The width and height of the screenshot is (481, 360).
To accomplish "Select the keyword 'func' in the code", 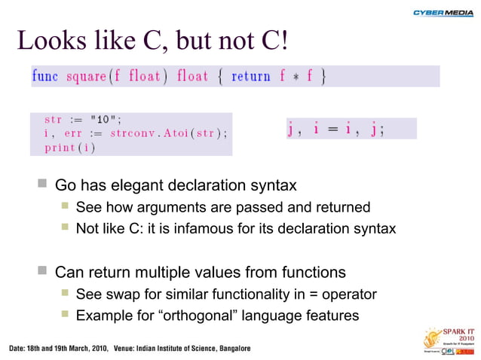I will click(45, 77).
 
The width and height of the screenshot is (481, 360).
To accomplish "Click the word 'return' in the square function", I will click(252, 77).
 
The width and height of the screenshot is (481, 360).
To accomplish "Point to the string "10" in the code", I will click(104, 119).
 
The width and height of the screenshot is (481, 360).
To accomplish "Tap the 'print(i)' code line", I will click(69, 147).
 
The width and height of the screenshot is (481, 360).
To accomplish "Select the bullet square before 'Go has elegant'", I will click(43, 185).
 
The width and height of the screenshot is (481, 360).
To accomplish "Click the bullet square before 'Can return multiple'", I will click(43, 271).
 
